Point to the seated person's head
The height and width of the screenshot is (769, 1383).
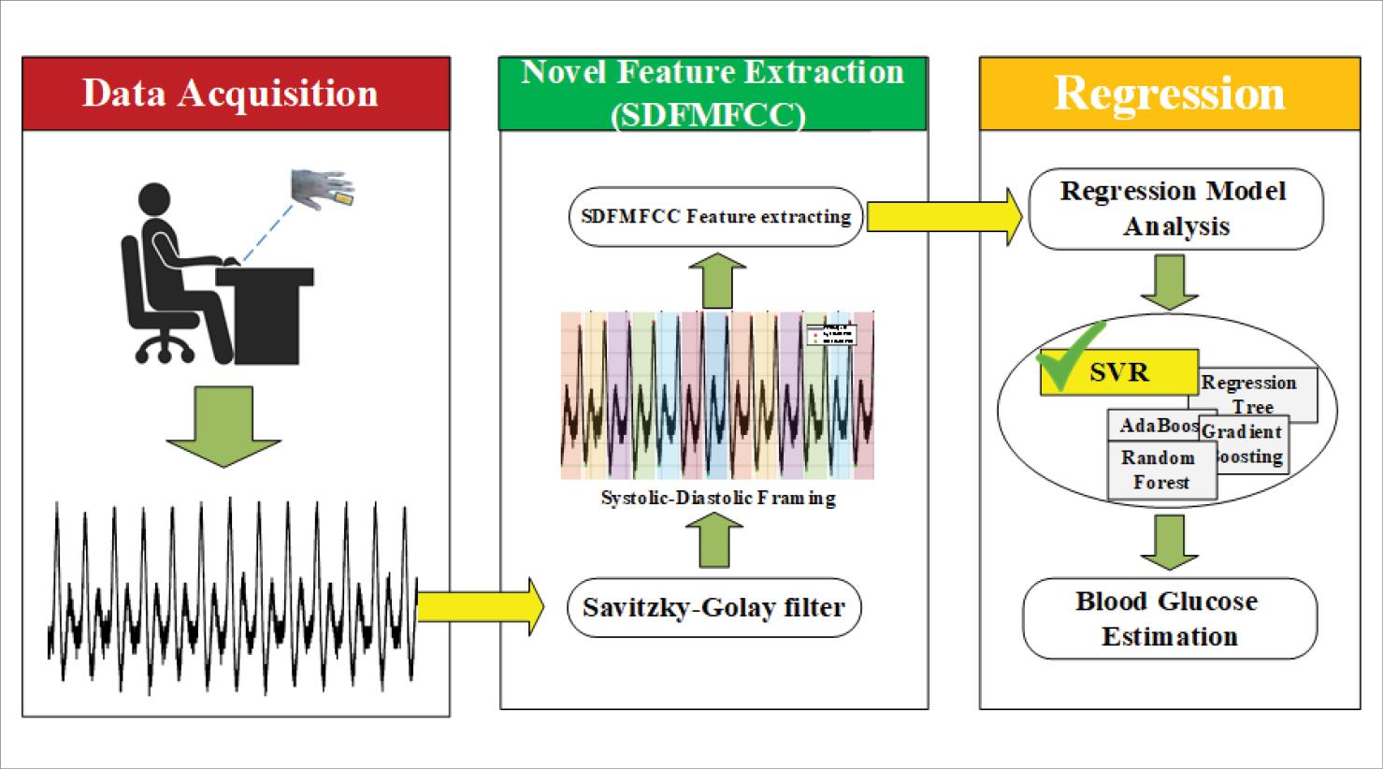pos(156,202)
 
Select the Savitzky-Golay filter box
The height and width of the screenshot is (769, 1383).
pos(713,608)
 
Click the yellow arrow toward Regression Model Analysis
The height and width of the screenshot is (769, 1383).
pos(944,217)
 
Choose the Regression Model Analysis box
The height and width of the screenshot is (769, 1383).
pos(1175,209)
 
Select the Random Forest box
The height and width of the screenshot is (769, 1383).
pos(1160,470)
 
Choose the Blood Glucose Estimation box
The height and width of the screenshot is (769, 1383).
pos(1169,618)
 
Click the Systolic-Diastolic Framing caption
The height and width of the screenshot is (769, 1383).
pos(717,499)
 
